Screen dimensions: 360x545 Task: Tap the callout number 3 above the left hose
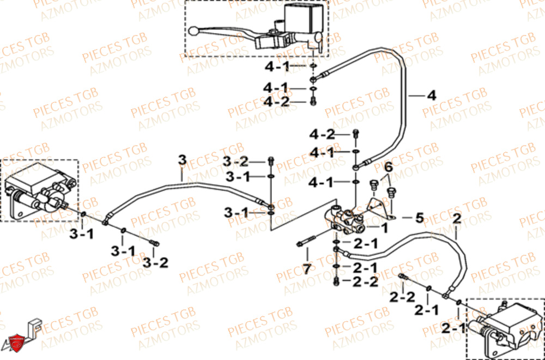click(182, 159)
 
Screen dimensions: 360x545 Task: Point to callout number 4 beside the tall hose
click(431, 95)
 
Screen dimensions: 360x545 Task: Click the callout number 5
click(419, 218)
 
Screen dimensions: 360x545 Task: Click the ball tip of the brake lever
click(195, 31)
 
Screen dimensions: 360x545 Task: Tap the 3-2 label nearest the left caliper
click(156, 262)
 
